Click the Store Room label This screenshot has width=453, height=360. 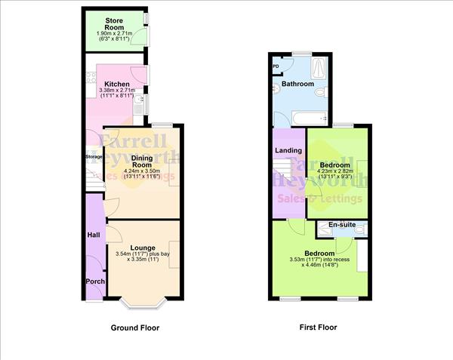coord(115,23)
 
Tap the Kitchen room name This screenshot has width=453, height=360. coord(117,84)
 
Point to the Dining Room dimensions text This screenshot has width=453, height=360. coord(142,173)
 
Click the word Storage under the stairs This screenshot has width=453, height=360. coord(93,157)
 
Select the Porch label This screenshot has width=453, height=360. coord(95,282)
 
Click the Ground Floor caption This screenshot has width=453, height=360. coord(136,328)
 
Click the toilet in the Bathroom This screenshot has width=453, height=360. coord(321,91)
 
